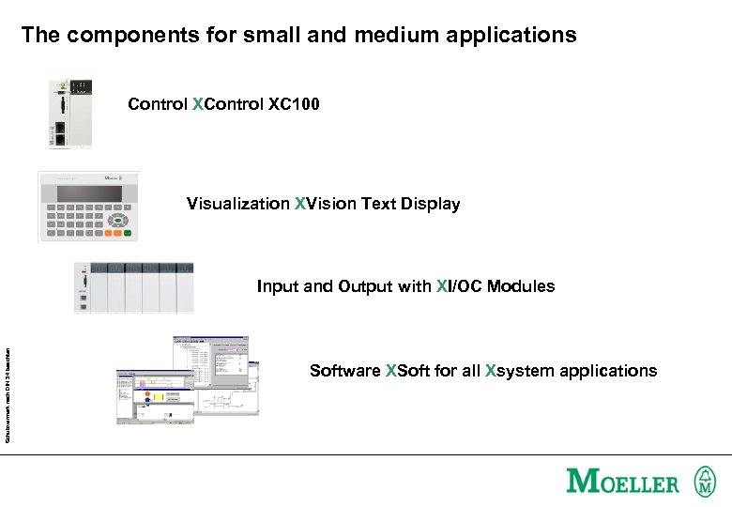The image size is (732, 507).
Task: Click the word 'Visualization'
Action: [238, 204]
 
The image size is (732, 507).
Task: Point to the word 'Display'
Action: [430, 204]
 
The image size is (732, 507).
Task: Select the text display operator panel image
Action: [89, 207]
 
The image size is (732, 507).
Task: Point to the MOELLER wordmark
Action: [623, 483]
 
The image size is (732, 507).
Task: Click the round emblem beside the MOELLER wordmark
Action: [704, 482]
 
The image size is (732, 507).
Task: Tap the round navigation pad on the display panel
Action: [117, 222]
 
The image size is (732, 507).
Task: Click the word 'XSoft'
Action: [409, 371]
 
